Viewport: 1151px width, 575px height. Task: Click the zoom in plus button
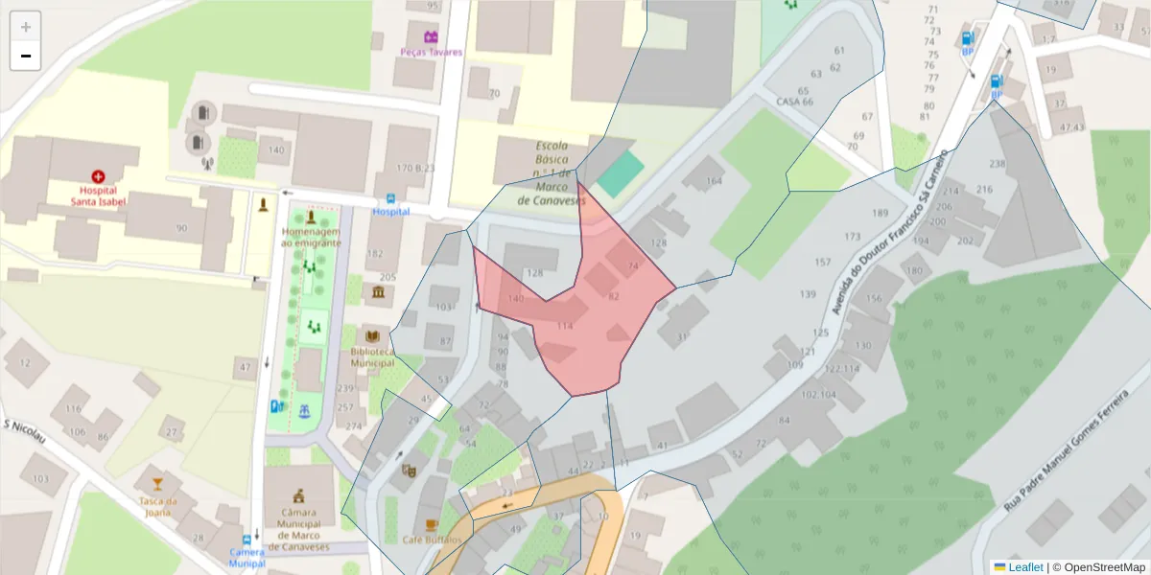(26, 27)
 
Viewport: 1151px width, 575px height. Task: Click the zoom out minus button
(26, 57)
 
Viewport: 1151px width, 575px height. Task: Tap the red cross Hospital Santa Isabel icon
(98, 176)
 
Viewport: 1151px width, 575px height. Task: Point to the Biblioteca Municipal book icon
(372, 336)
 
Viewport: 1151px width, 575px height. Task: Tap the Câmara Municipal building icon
(300, 495)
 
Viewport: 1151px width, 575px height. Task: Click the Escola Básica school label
(552, 173)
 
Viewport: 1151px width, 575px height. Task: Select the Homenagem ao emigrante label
(311, 238)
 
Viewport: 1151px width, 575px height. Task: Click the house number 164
(713, 181)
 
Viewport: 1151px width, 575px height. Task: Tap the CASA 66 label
(794, 102)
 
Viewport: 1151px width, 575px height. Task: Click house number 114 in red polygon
(565, 327)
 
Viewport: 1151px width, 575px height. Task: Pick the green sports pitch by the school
(619, 173)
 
